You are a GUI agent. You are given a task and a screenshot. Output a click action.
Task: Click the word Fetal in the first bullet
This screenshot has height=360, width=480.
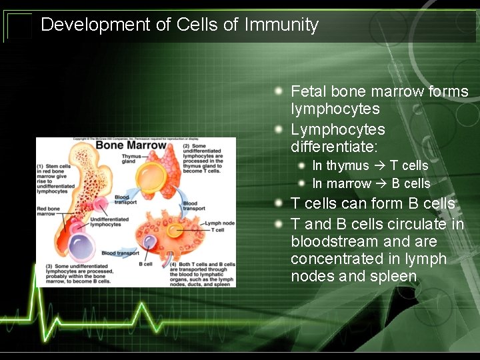click(x=309, y=91)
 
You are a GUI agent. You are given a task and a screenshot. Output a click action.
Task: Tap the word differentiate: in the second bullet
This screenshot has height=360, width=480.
click(x=334, y=145)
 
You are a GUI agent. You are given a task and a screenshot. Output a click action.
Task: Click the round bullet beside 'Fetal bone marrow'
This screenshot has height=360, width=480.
click(x=282, y=90)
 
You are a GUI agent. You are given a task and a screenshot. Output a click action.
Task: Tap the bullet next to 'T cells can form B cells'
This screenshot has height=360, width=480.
click(x=282, y=202)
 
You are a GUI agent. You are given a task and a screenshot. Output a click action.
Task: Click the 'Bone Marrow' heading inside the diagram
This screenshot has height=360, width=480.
click(x=131, y=145)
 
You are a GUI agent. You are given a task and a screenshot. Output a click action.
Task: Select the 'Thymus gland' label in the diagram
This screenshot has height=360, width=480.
click(x=131, y=159)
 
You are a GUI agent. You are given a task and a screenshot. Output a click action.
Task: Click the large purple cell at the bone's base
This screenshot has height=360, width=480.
click(x=83, y=245)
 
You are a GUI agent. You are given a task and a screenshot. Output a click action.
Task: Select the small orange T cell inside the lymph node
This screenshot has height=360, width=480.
click(x=175, y=230)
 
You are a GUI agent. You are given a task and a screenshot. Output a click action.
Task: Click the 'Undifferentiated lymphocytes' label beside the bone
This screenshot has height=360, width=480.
click(x=105, y=221)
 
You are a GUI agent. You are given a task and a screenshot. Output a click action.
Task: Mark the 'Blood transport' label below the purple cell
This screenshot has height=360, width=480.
click(x=120, y=253)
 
